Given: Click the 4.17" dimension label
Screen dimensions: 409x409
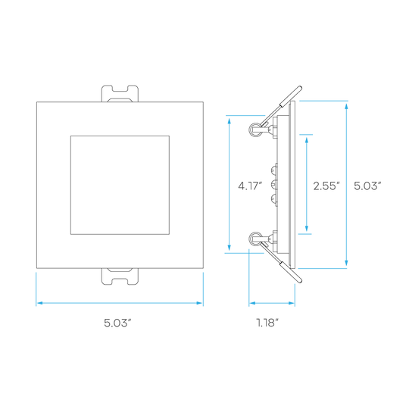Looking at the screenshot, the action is point(250,186).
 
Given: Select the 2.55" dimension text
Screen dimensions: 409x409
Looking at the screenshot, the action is point(326,186).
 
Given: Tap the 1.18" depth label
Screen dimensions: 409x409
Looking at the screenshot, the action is point(267,323).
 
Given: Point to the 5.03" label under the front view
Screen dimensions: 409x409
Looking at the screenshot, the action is point(117,323).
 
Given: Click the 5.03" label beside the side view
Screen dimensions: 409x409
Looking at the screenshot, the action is point(367,186).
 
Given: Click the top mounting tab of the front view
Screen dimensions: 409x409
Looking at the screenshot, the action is point(120,93).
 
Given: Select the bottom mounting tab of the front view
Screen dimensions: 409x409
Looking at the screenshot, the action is point(120,276).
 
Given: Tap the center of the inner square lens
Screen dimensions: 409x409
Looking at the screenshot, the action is point(120,185).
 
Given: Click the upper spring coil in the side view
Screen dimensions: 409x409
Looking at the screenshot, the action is point(254,129).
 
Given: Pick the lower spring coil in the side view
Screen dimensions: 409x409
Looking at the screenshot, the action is point(254,239).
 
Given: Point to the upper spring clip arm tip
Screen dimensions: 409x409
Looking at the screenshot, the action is point(300,88).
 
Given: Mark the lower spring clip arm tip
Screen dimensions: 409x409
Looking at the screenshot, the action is point(300,281).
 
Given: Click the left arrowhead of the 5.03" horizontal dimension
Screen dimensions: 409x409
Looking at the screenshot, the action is point(39,303).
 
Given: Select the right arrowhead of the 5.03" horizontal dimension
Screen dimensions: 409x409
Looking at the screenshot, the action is point(199,303).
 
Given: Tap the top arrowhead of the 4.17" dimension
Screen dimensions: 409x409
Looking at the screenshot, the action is point(229,120).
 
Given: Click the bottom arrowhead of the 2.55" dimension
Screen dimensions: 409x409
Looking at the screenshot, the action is point(307,229).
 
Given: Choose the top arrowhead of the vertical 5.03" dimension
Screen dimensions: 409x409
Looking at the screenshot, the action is point(346,107).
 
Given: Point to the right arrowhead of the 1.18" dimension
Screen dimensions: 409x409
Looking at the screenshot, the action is point(292,303).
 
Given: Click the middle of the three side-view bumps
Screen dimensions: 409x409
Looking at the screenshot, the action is point(273,185).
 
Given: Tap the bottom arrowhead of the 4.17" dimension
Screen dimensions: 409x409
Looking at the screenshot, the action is point(229,248).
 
